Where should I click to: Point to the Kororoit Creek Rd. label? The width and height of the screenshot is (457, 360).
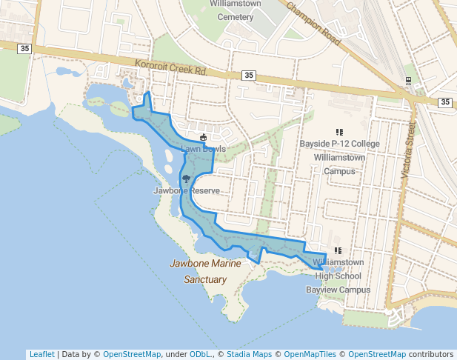(170, 67)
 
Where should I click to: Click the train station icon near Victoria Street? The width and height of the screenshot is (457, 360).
(408, 80)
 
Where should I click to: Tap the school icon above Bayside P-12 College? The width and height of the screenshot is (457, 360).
(339, 132)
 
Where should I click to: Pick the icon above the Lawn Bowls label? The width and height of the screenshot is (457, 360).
(203, 137)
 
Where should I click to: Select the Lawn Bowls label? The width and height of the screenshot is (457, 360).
(203, 149)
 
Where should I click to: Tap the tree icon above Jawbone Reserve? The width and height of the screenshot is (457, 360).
(186, 179)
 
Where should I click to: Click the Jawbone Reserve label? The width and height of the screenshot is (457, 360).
(187, 190)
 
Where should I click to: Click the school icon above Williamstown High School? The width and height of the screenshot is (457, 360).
(338, 251)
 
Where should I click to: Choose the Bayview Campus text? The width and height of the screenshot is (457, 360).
(338, 290)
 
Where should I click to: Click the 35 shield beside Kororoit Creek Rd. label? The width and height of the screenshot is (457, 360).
(248, 76)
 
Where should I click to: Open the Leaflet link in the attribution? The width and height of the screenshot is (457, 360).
(41, 354)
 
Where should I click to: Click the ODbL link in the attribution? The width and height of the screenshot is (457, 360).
(199, 354)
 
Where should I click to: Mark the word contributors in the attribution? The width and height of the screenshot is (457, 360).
(431, 354)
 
